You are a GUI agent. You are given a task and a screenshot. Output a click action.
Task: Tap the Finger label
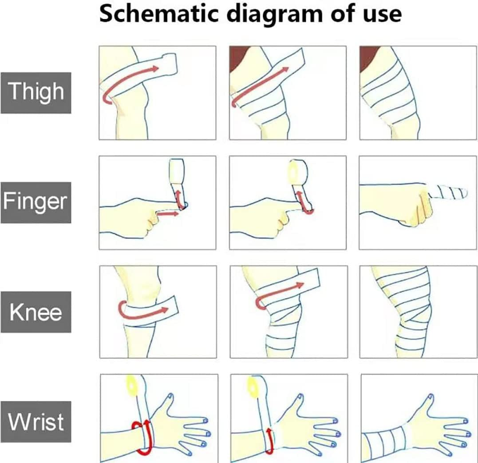point(36,202)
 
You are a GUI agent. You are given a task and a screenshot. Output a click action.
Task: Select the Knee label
point(36,312)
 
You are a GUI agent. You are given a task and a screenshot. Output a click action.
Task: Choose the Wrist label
point(36,422)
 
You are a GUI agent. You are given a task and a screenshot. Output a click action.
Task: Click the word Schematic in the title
point(159,14)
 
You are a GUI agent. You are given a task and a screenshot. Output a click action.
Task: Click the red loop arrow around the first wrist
point(142,437)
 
